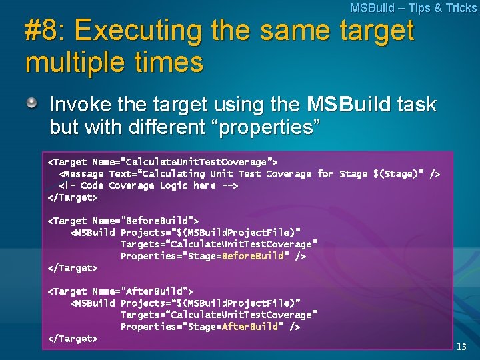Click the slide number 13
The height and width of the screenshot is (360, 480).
point(462,347)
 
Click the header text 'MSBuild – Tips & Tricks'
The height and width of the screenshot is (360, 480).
point(413,8)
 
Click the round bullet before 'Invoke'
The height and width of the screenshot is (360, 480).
point(32,103)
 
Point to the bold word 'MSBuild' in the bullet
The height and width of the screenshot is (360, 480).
point(349,105)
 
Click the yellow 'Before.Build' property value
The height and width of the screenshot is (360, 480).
point(253,256)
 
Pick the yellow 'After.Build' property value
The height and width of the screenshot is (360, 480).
point(250,327)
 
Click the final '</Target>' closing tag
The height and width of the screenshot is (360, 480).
point(73,339)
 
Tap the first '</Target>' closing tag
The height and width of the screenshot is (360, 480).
point(73,197)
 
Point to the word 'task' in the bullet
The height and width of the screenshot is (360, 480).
point(417,105)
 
